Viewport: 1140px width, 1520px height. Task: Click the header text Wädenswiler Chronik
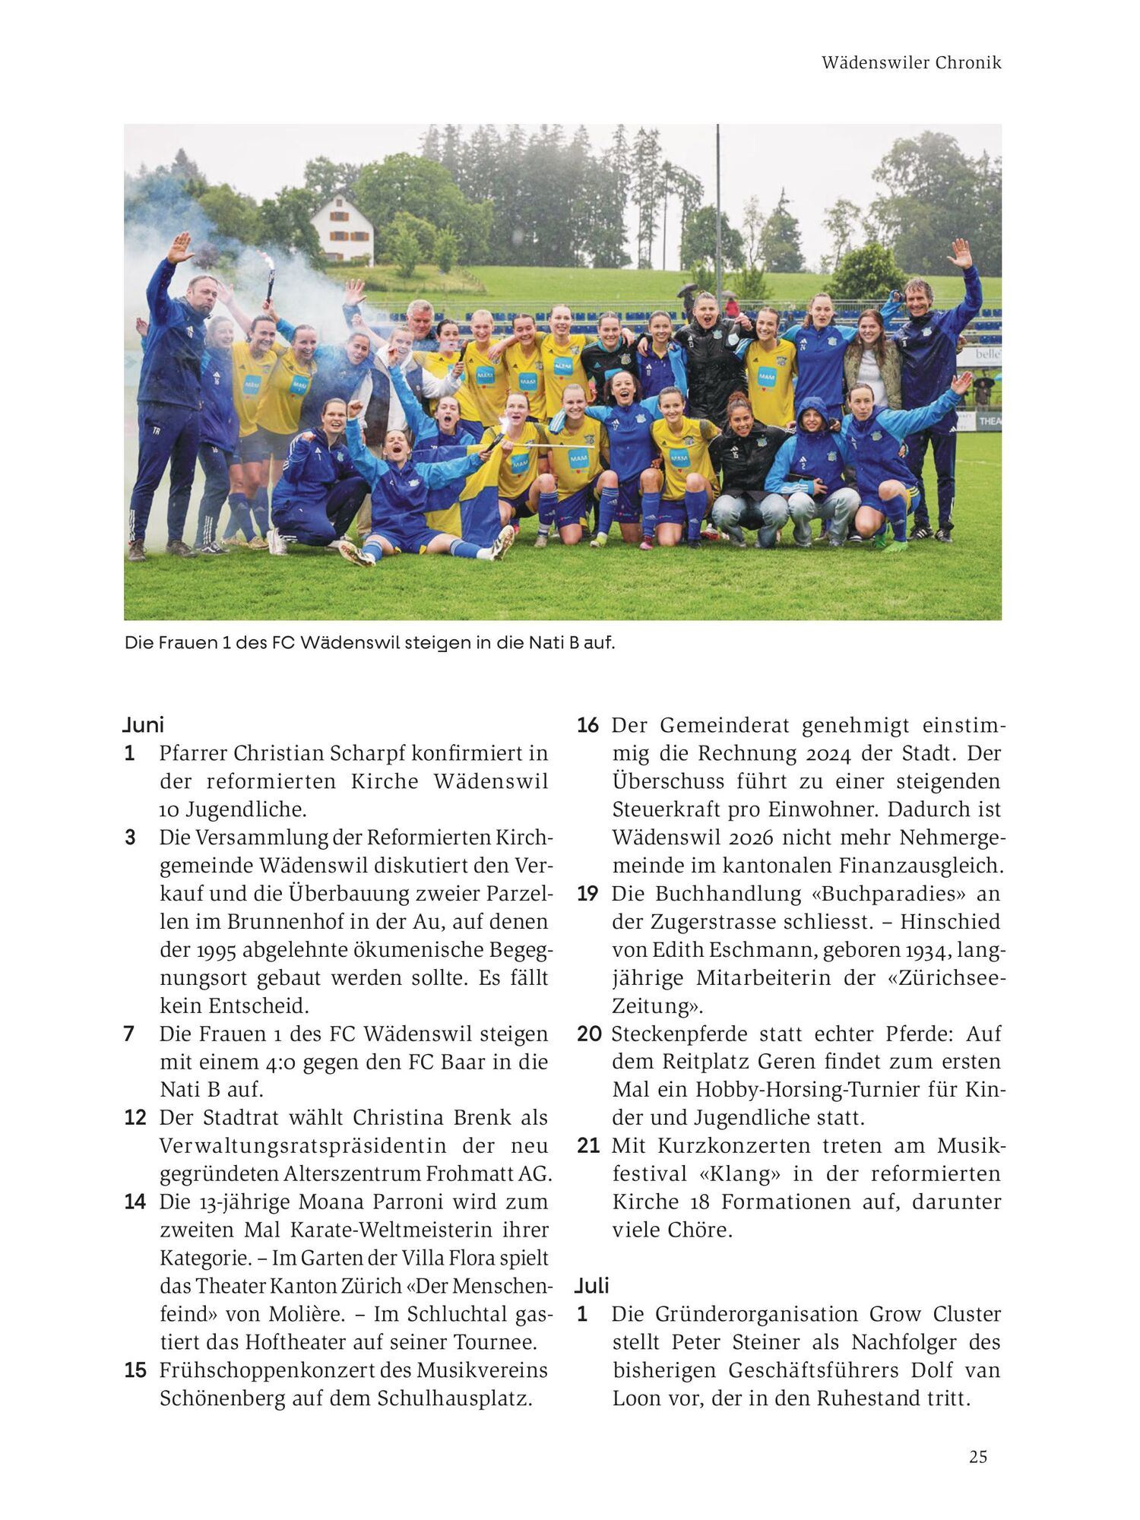pos(911,63)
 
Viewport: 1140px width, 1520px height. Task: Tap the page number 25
pos(978,1456)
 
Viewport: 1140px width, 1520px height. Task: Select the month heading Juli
pos(592,1285)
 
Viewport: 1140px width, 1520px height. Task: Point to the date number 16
pos(587,725)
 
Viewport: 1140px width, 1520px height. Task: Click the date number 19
pos(587,894)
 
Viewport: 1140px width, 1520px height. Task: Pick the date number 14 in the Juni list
pos(135,1202)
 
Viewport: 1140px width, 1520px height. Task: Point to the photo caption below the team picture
pos(369,643)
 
